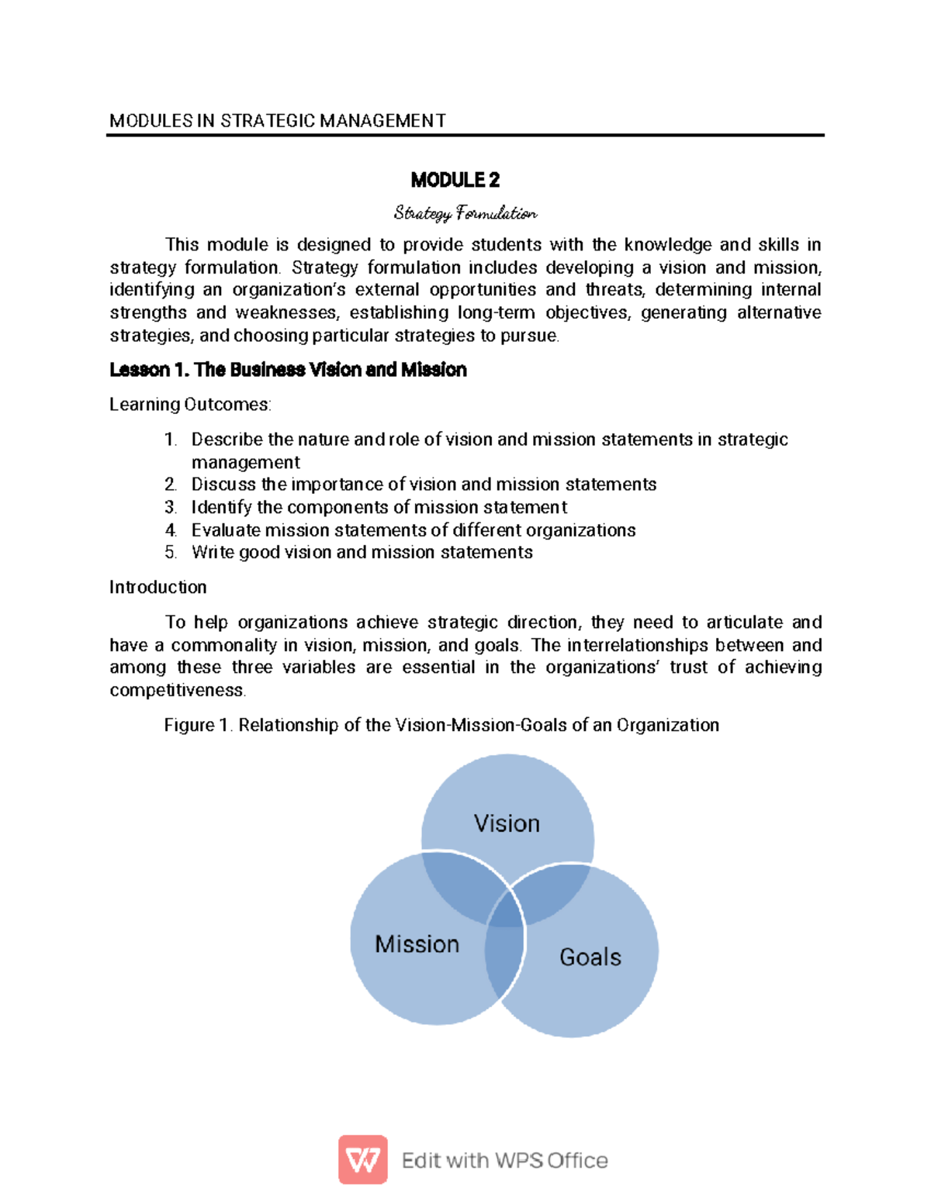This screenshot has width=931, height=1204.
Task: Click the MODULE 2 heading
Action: (x=455, y=181)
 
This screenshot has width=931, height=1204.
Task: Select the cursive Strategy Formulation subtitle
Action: (x=465, y=212)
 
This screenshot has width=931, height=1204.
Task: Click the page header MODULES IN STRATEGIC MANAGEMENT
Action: (x=278, y=121)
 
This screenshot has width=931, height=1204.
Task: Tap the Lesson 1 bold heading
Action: (x=288, y=370)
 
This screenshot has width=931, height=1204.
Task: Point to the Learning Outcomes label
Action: (x=190, y=405)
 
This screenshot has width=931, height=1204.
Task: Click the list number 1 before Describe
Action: (x=170, y=440)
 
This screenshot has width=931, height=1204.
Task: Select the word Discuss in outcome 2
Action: (x=223, y=485)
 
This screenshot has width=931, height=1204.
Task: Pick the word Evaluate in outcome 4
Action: (x=227, y=530)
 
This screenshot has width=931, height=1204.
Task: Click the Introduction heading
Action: (x=157, y=588)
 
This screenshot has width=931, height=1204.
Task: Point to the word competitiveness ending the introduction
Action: (x=177, y=691)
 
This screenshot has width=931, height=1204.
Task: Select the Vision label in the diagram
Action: (x=507, y=823)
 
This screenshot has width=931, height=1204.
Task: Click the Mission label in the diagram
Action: (x=417, y=944)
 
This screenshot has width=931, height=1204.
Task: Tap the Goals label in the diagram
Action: (x=590, y=957)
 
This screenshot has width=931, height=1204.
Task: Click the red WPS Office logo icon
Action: (x=362, y=1160)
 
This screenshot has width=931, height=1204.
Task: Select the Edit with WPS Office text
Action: (x=504, y=1161)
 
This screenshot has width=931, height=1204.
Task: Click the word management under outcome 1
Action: (x=245, y=463)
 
